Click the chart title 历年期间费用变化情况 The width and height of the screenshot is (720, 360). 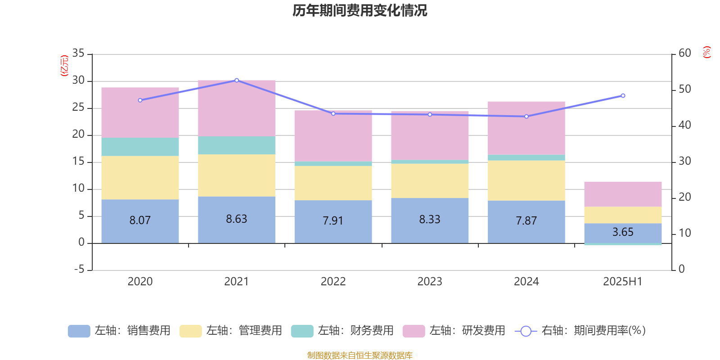(x=360, y=10)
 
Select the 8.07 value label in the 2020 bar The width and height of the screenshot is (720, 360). (x=140, y=220)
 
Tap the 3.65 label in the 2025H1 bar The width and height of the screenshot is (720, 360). (x=623, y=232)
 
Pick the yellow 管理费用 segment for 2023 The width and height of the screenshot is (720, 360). (x=430, y=181)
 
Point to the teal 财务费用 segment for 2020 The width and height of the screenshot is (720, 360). (x=140, y=147)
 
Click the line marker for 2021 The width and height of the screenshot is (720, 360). (x=237, y=80)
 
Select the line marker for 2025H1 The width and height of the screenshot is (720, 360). (x=623, y=95)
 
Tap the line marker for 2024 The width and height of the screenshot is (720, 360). (x=526, y=117)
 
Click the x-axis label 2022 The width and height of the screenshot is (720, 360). (x=333, y=282)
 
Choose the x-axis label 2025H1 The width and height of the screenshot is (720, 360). (x=623, y=282)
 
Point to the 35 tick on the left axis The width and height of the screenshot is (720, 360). (x=78, y=54)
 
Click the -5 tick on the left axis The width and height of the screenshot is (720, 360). (x=79, y=270)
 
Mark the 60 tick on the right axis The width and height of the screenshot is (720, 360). (x=684, y=54)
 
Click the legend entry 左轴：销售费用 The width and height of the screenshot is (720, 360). (x=119, y=331)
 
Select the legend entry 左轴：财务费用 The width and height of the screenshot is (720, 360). (x=342, y=331)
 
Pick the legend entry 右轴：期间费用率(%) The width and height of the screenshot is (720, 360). (x=580, y=331)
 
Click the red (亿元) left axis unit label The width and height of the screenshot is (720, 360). (x=64, y=66)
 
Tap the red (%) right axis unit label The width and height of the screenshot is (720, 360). (x=706, y=52)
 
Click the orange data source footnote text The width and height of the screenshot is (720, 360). (x=360, y=355)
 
